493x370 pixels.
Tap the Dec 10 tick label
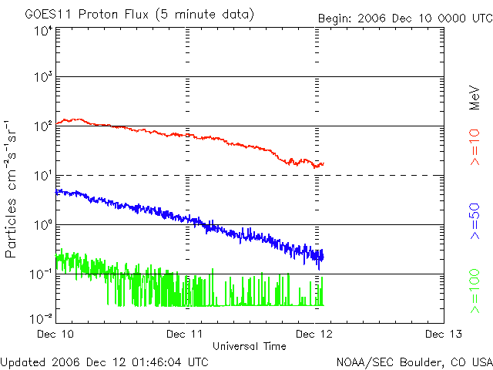coord(56,334)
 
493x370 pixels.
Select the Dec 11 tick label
coord(186,334)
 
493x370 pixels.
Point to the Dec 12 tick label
coord(315,334)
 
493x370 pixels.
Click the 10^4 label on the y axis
coord(42,31)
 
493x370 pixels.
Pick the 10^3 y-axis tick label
coord(42,77)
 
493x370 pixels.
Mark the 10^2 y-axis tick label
coord(42,126)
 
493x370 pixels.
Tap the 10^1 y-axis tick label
coord(42,176)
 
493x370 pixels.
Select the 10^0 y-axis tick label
coord(42,225)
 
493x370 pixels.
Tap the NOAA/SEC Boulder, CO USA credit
coord(414,362)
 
